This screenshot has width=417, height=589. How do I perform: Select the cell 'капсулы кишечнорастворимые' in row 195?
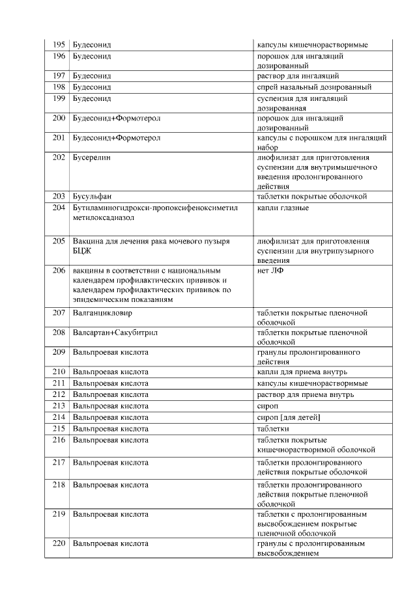[313, 45]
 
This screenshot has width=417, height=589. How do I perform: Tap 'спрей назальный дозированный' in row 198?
[315, 87]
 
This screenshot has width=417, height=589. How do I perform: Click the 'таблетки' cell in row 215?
[273, 428]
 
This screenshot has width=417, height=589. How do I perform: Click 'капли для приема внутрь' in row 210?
[300, 372]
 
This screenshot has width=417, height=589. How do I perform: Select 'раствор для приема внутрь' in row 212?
[306, 394]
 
